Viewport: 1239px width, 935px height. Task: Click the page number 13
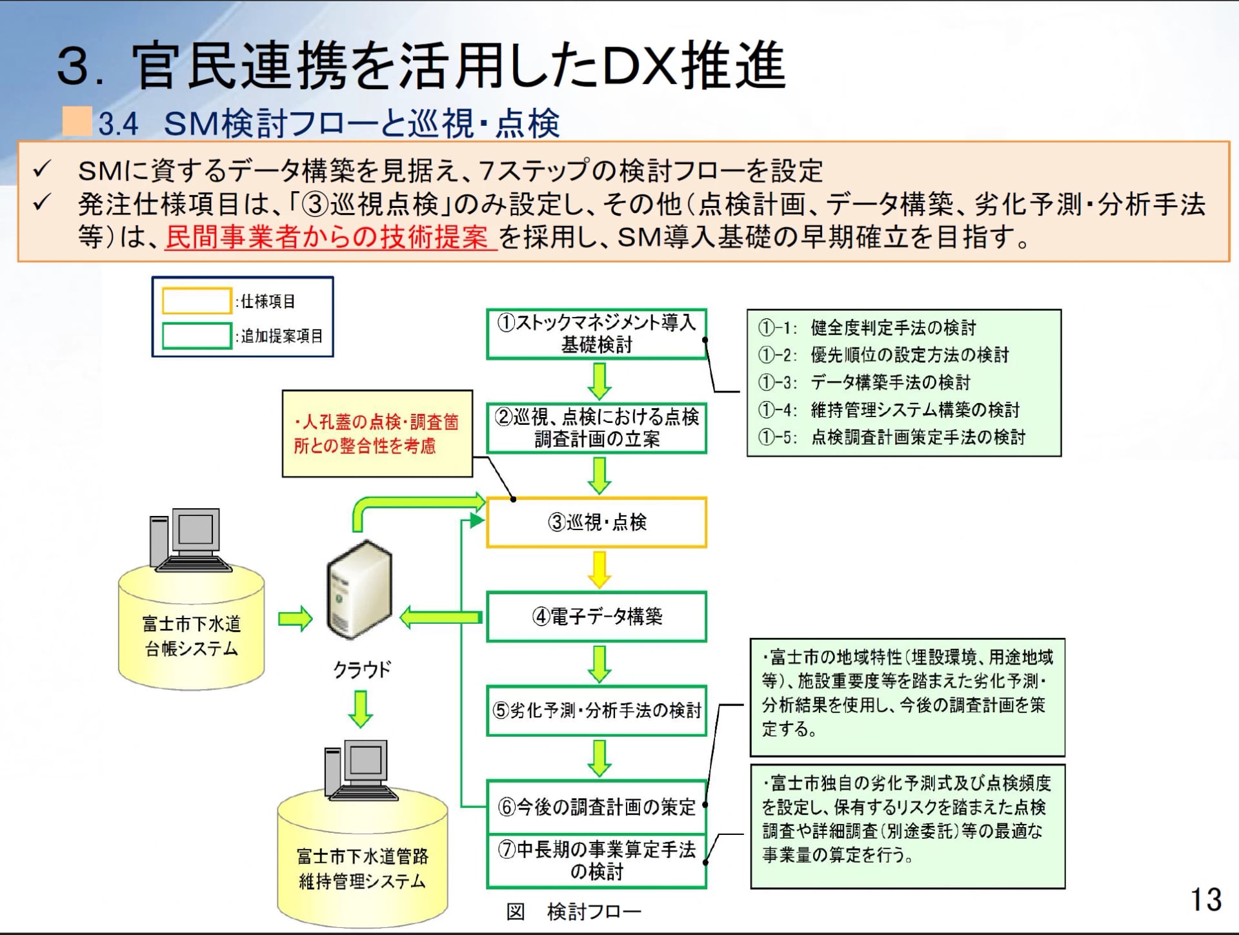[x=1205, y=899]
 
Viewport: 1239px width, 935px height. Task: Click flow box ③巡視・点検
[x=596, y=522]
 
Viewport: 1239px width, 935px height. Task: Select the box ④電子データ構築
[x=596, y=617]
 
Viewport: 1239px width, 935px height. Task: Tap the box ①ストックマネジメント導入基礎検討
[x=596, y=334]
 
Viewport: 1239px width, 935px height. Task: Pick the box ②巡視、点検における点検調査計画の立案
[x=596, y=428]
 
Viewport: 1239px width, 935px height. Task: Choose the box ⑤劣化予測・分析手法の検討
[x=596, y=711]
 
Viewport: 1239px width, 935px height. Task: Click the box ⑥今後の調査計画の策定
[x=596, y=807]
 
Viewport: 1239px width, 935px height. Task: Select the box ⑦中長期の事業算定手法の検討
[x=596, y=861]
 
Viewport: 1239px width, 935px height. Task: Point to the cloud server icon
[x=359, y=590]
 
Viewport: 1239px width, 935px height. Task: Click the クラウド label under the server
[x=361, y=670]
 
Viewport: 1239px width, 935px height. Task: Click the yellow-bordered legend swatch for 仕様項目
[x=196, y=301]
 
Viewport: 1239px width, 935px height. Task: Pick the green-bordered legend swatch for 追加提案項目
[x=196, y=336]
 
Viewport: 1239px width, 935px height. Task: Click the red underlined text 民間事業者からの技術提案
[x=330, y=238]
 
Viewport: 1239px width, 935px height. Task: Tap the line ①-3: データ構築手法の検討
[x=865, y=382]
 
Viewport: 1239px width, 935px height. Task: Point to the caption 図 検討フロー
[x=573, y=912]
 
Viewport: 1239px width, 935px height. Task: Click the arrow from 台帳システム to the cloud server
[x=295, y=619]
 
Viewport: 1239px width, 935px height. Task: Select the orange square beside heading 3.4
[x=77, y=121]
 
